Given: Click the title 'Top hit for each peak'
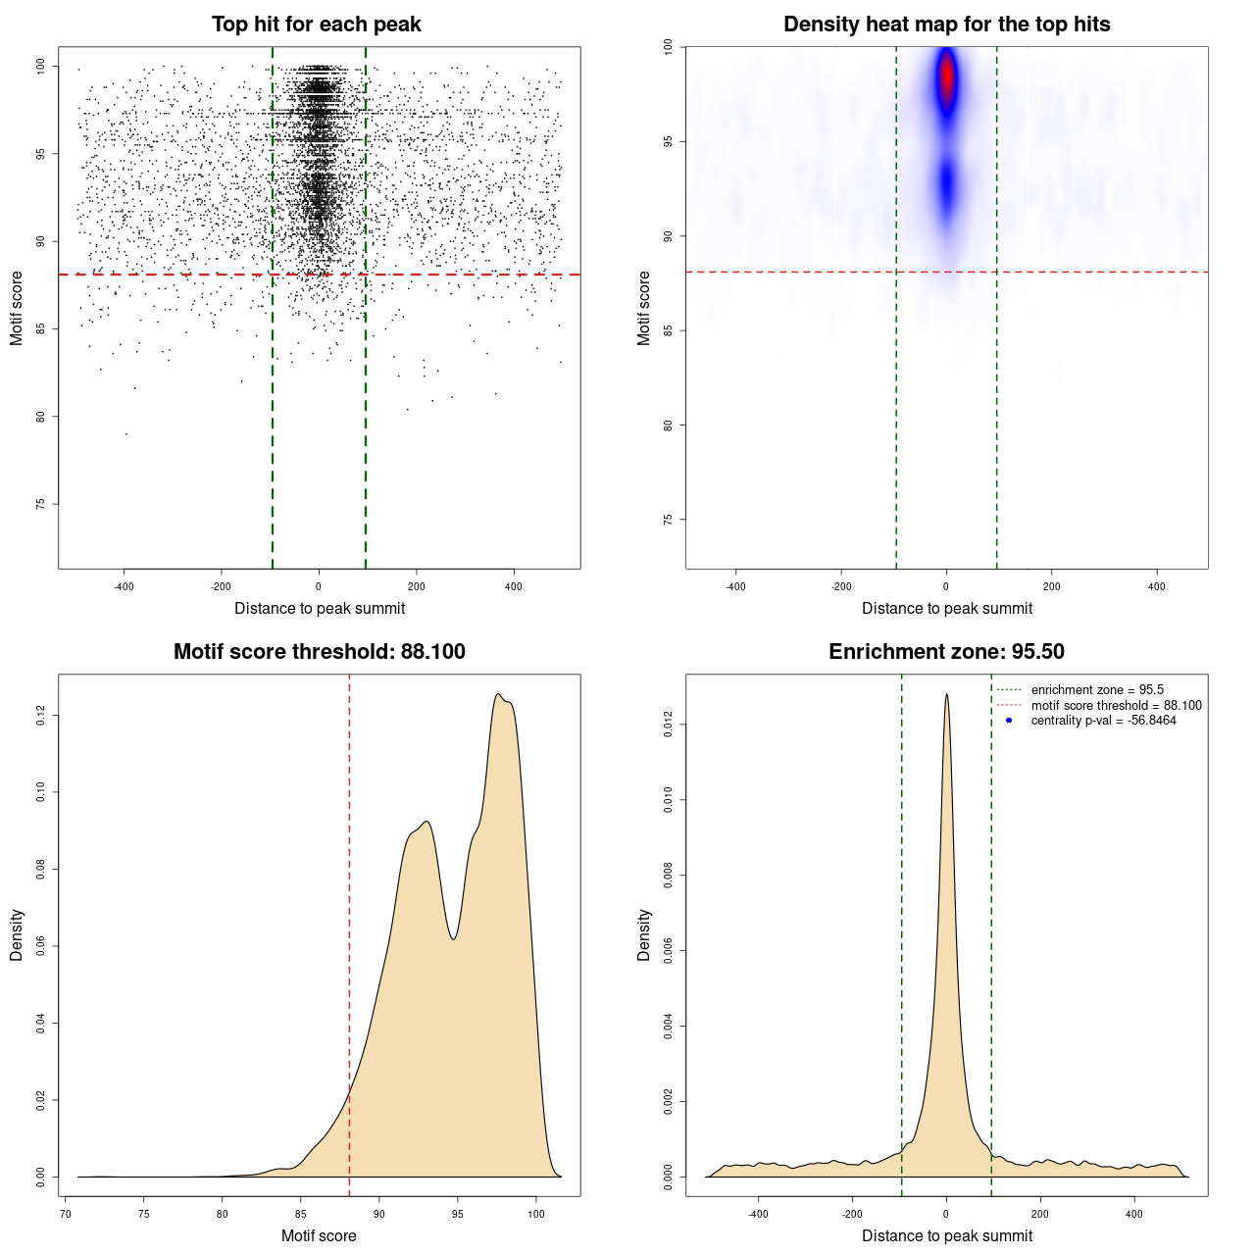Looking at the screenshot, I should point(316,25).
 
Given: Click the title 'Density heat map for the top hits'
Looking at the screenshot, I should point(946,25).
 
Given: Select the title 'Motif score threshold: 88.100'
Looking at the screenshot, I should point(319,652).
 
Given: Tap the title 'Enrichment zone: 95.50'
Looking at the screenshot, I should point(946,652).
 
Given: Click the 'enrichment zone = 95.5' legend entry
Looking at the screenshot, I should point(1097,690).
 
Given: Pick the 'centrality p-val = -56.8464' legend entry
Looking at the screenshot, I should point(1103,721).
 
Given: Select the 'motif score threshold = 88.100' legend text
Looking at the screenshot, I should point(1116,706).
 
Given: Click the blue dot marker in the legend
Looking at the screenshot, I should point(1009,721).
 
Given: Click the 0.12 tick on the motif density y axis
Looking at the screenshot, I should point(41,716).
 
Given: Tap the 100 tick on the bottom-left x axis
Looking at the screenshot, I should point(535,1214).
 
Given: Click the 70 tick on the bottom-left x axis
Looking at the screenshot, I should point(66,1214).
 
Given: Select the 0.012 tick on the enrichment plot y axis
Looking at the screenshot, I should point(669,726).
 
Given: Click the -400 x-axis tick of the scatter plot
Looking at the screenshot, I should point(124,586).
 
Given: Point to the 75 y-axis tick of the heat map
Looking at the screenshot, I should point(669,520).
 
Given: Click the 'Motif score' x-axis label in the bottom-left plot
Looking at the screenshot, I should point(319,1235).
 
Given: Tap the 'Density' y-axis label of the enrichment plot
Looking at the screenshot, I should point(644,934).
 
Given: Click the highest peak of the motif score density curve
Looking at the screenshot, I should point(499,695).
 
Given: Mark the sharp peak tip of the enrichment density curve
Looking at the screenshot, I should point(946,694).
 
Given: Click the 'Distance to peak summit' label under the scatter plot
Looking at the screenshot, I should point(320,609).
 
